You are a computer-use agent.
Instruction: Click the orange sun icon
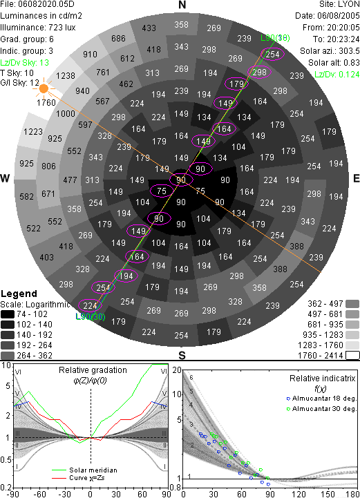pyautogui.click(x=44, y=88)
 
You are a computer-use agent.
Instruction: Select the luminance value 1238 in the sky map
pyautogui.click(x=66, y=76)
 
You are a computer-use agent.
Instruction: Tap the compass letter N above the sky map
pyautogui.click(x=182, y=5)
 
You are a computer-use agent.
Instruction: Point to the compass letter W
pyautogui.click(x=5, y=178)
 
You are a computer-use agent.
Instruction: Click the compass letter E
pyautogui.click(x=356, y=178)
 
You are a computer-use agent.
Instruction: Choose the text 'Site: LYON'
pyautogui.click(x=339, y=4)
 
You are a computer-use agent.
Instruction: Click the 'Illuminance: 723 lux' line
pyautogui.click(x=38, y=28)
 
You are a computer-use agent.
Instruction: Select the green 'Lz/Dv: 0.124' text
pyautogui.click(x=337, y=75)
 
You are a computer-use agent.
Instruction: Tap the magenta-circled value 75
pyautogui.click(x=162, y=191)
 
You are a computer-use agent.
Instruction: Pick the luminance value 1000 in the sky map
pyautogui.click(x=66, y=114)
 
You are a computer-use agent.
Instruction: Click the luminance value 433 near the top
pyautogui.click(x=149, y=28)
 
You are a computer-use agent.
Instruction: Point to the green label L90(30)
pyautogui.click(x=91, y=316)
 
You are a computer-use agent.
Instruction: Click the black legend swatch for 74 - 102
pyautogui.click(x=8, y=314)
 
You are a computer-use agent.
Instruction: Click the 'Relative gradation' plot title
pyautogui.click(x=93, y=370)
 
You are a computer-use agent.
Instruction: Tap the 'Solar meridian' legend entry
pyautogui.click(x=84, y=470)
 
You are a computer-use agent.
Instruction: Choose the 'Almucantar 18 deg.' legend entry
pyautogui.click(x=321, y=399)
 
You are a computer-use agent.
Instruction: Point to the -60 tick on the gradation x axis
pyautogui.click(x=39, y=494)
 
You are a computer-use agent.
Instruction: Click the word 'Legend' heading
pyautogui.click(x=19, y=294)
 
